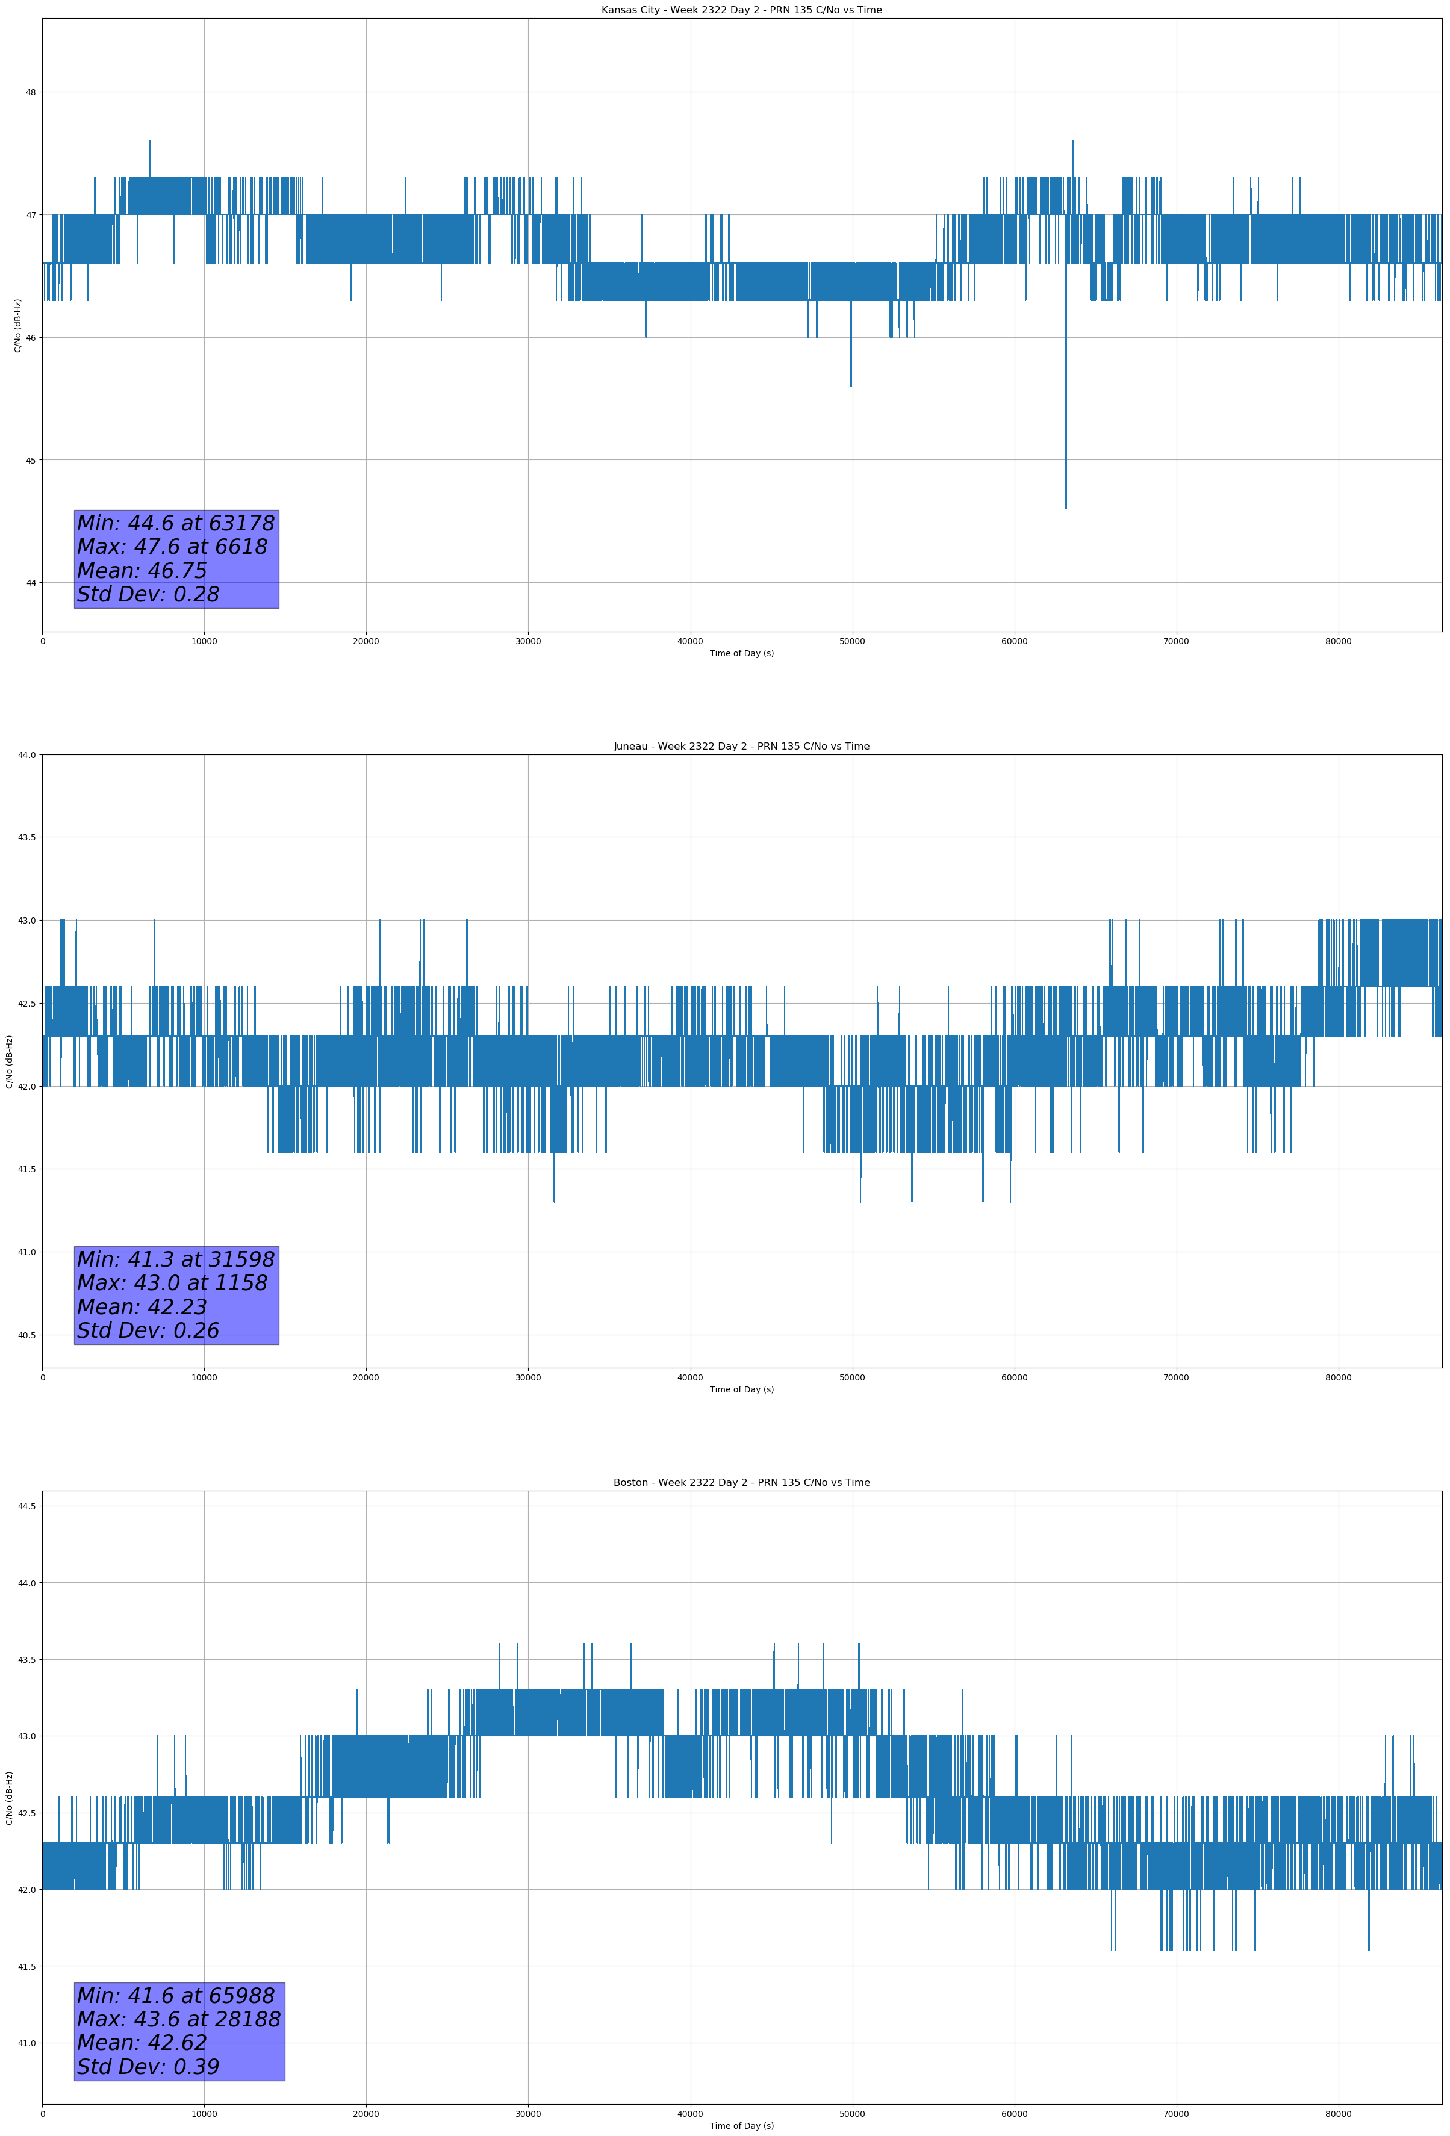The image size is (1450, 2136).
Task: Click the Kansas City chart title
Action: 741,10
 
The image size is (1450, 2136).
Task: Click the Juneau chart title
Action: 741,747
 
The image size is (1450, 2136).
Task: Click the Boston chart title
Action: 741,1483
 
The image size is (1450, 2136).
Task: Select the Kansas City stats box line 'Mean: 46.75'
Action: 143,571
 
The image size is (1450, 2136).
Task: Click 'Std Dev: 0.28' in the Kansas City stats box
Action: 148,595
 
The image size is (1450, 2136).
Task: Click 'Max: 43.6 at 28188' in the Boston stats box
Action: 178,2019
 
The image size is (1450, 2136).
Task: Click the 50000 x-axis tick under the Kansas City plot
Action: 851,642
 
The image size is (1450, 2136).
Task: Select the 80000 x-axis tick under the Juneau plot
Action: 1338,1377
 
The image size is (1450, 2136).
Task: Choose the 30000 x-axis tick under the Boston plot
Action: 527,2114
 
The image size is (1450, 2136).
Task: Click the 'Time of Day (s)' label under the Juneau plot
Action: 741,1389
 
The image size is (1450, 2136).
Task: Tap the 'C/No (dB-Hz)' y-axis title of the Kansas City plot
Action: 17,325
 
